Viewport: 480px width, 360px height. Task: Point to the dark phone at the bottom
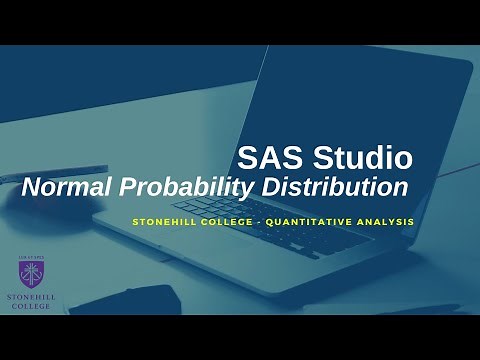coord(130,300)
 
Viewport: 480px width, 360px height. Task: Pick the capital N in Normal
coord(32,187)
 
